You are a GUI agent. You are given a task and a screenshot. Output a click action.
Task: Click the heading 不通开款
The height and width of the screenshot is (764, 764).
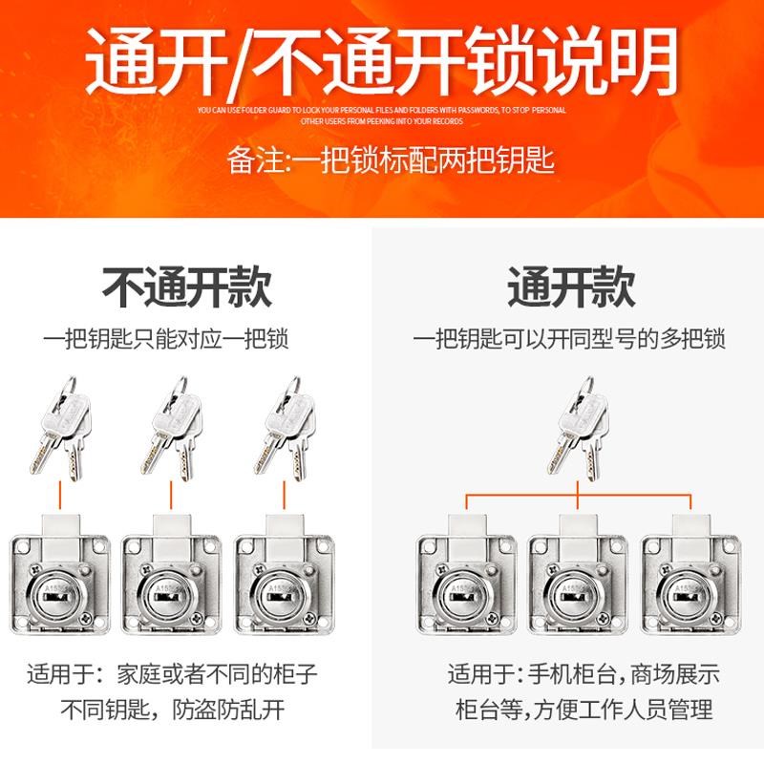click(187, 286)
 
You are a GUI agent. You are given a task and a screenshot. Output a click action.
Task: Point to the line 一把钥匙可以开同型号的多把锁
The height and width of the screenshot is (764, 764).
click(569, 338)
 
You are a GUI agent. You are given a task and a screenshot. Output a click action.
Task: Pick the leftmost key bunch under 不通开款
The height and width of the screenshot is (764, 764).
click(59, 425)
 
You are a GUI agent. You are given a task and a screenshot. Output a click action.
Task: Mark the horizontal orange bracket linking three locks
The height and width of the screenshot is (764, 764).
click(579, 495)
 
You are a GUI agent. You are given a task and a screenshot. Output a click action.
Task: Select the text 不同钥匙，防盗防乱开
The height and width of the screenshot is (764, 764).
click(173, 710)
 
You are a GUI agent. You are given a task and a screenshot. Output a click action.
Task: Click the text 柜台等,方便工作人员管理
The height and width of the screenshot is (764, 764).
click(583, 710)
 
